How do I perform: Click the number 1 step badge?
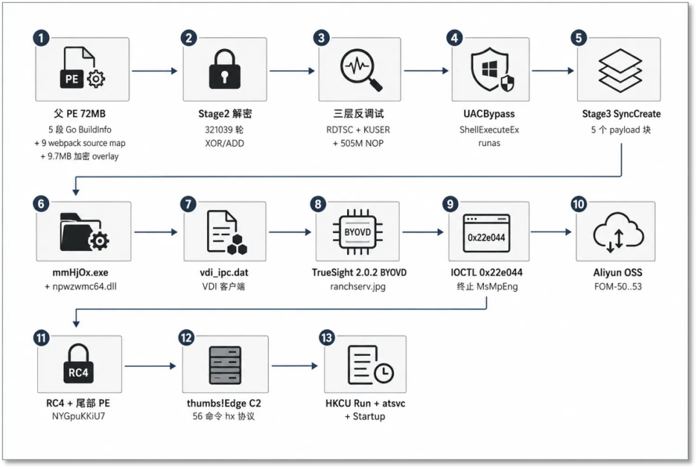(x=41, y=38)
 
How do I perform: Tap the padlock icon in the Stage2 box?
(x=225, y=69)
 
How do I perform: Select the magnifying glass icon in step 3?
(x=361, y=70)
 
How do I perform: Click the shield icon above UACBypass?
(x=490, y=69)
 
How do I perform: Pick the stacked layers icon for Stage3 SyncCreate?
(x=620, y=70)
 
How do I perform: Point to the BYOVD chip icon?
(x=358, y=232)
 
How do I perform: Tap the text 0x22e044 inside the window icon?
(x=487, y=238)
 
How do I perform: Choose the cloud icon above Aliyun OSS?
(x=618, y=233)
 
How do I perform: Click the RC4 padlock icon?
(x=78, y=364)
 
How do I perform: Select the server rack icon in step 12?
(x=225, y=366)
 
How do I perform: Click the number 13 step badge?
(x=327, y=337)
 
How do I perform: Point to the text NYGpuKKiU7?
(x=78, y=416)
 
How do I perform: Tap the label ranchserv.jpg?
(x=358, y=286)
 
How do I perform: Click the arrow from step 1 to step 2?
(x=155, y=71)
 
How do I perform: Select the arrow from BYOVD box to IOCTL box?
(x=423, y=232)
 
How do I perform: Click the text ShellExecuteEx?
(x=489, y=129)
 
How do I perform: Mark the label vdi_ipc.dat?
(x=224, y=273)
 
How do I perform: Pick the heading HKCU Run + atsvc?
(x=365, y=403)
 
